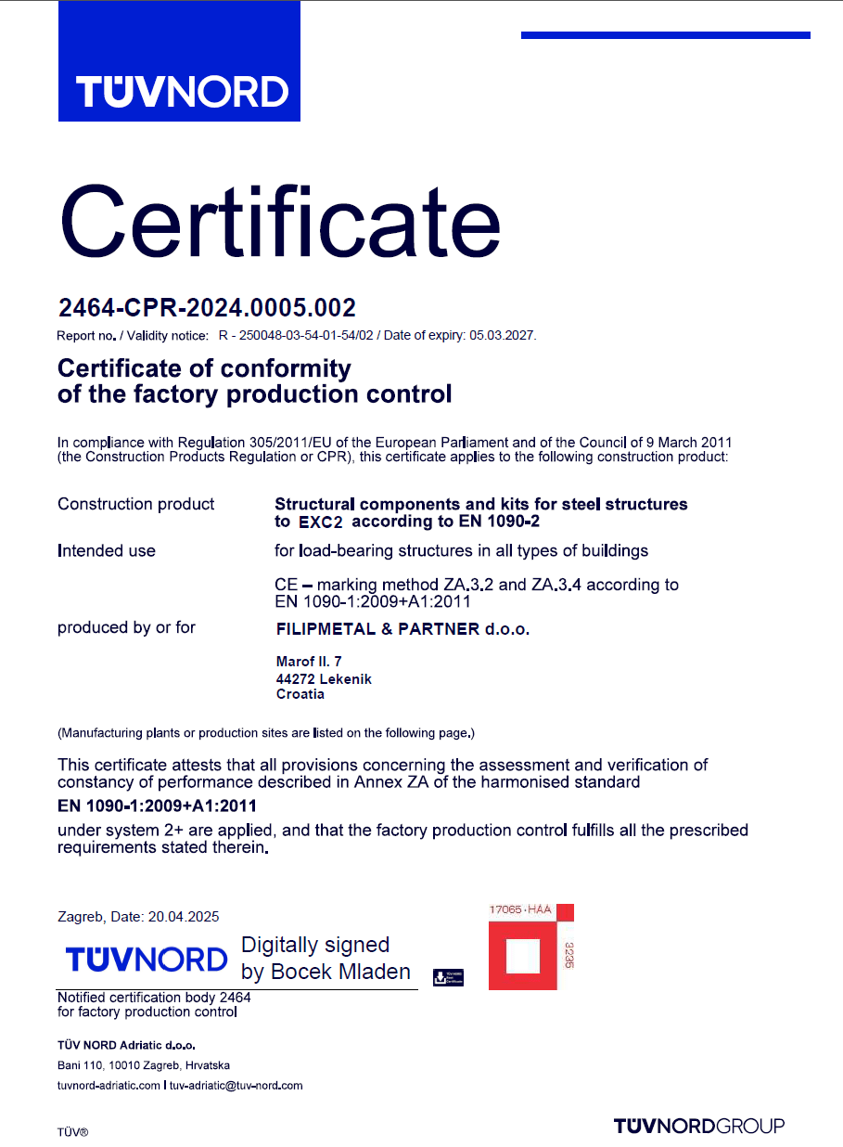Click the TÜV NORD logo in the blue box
click(x=181, y=92)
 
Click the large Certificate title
click(x=280, y=222)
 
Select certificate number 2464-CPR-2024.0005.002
click(x=207, y=307)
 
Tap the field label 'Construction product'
click(x=135, y=504)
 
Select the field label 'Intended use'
click(x=107, y=550)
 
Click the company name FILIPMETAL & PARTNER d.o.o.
click(x=402, y=628)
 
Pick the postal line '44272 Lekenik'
click(x=324, y=678)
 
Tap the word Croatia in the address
click(x=300, y=693)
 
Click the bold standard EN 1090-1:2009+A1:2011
click(x=157, y=805)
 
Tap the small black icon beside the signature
click(x=448, y=976)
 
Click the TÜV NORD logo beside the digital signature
click(x=147, y=959)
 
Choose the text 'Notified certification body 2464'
click(x=154, y=998)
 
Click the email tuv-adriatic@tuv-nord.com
click(x=236, y=1085)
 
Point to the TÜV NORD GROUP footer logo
click(x=698, y=1126)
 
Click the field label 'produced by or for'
click(x=126, y=627)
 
